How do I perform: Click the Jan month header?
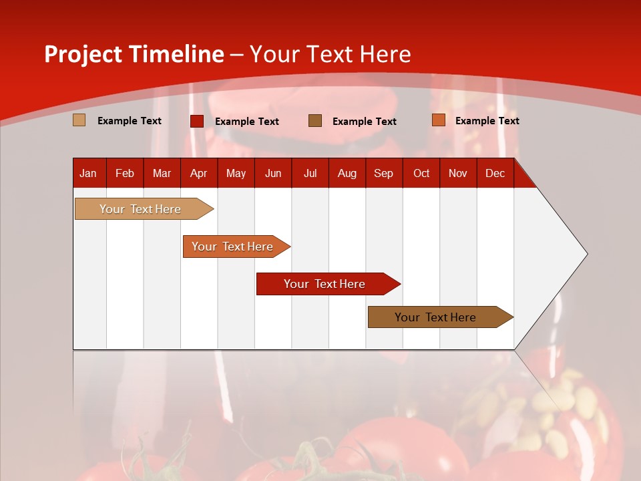click(x=88, y=173)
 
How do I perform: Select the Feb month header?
click(x=125, y=173)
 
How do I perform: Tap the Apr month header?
click(x=198, y=173)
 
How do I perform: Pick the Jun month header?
click(x=273, y=173)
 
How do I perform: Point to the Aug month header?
click(x=347, y=173)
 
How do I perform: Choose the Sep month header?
click(x=383, y=173)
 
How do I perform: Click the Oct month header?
click(x=421, y=173)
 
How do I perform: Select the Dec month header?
click(x=495, y=173)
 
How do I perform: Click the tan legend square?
click(x=79, y=120)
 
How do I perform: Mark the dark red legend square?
click(x=197, y=121)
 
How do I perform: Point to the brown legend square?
click(x=315, y=120)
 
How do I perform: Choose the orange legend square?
click(x=438, y=120)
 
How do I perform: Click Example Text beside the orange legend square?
click(x=487, y=120)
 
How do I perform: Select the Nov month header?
click(x=458, y=173)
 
